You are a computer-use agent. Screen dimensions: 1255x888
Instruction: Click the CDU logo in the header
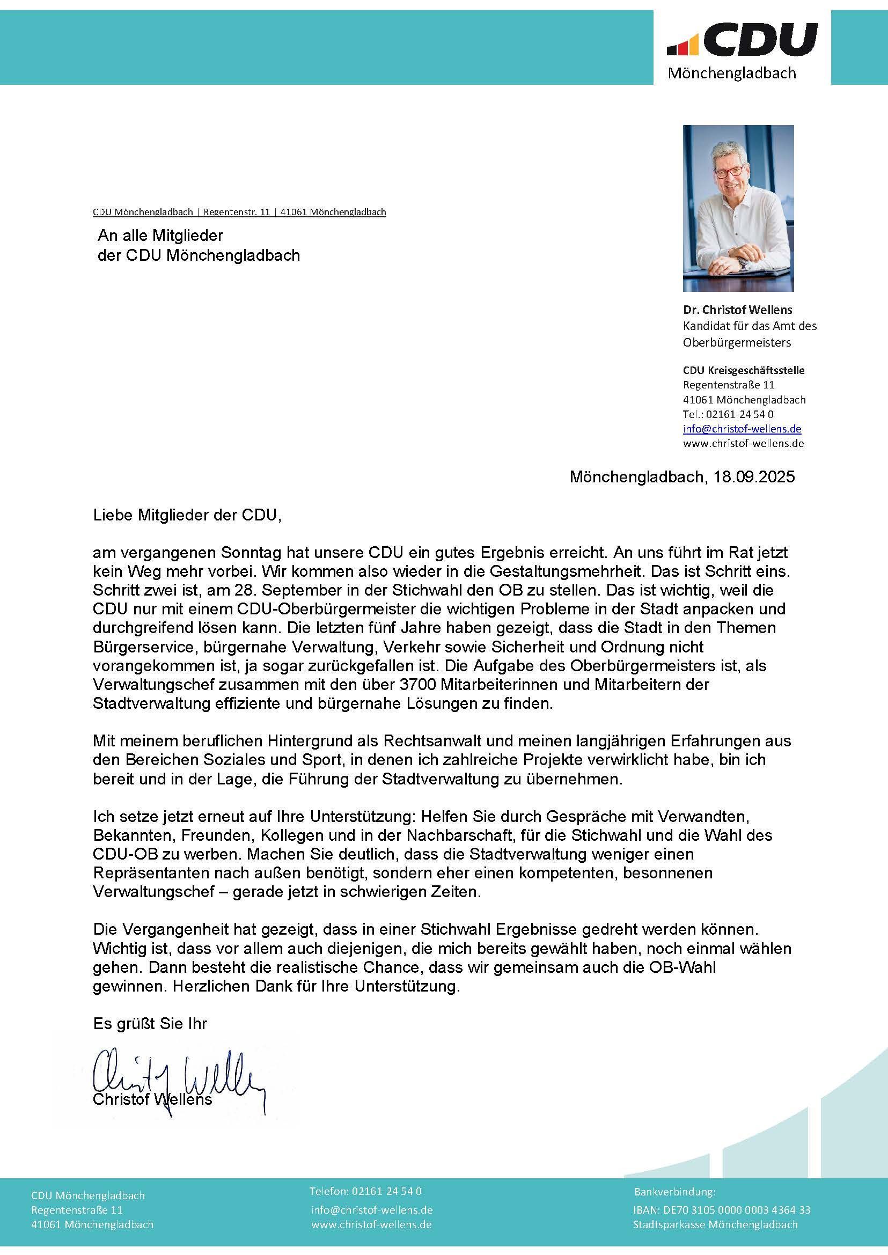coord(742,39)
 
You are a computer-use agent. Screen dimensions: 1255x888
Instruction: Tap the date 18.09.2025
coord(754,477)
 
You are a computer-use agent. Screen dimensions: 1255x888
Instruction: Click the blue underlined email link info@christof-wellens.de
coord(742,429)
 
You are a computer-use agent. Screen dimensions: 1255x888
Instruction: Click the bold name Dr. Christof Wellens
coord(737,310)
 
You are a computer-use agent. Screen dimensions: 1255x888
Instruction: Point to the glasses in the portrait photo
coord(729,171)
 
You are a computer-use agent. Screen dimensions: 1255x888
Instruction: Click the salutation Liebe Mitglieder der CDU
coord(187,515)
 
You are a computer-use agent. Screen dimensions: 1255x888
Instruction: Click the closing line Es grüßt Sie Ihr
coord(150,1024)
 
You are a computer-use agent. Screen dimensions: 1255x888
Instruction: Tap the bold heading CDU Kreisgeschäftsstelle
coord(744,370)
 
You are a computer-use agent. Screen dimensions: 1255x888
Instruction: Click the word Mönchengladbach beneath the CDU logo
coord(732,74)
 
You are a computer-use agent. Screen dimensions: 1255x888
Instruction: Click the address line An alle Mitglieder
coord(160,236)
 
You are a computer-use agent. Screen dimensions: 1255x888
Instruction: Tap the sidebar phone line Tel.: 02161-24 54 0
coord(728,414)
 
